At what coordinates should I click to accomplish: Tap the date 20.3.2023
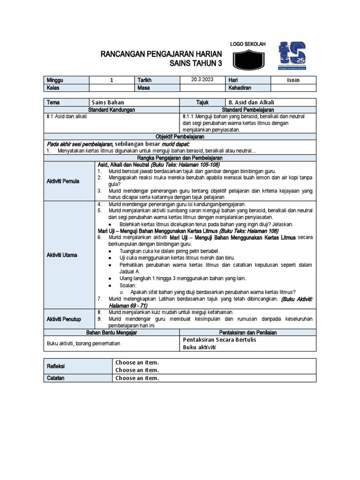pyautogui.click(x=202, y=80)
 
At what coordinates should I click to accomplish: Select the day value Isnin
pyautogui.click(x=293, y=80)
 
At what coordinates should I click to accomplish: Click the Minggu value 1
pyautogui.click(x=112, y=80)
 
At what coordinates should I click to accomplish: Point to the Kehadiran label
pyautogui.click(x=240, y=88)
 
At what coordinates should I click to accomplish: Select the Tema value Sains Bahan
pyautogui.click(x=108, y=102)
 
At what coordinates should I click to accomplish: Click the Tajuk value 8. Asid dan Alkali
pyautogui.click(x=251, y=102)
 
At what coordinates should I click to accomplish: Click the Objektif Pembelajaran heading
pyautogui.click(x=180, y=136)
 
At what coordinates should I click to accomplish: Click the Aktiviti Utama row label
pyautogui.click(x=62, y=255)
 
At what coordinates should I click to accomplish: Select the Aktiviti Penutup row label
pyautogui.click(x=64, y=319)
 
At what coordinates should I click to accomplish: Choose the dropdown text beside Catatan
pyautogui.click(x=137, y=378)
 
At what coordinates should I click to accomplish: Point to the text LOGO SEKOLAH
pyautogui.click(x=247, y=44)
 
